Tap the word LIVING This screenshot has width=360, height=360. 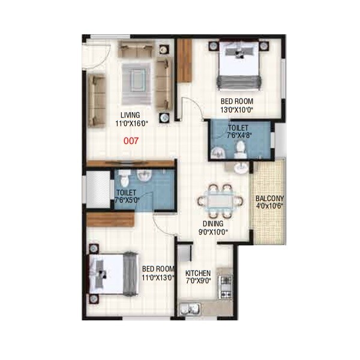(130, 115)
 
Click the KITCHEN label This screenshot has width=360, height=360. (197, 272)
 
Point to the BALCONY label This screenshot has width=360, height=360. (269, 199)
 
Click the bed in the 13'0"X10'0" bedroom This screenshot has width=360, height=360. (239, 64)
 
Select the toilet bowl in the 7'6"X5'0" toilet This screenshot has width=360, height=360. (124, 178)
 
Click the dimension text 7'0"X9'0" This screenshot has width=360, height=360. (198, 281)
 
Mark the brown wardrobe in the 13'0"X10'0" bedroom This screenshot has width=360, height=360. (184, 56)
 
